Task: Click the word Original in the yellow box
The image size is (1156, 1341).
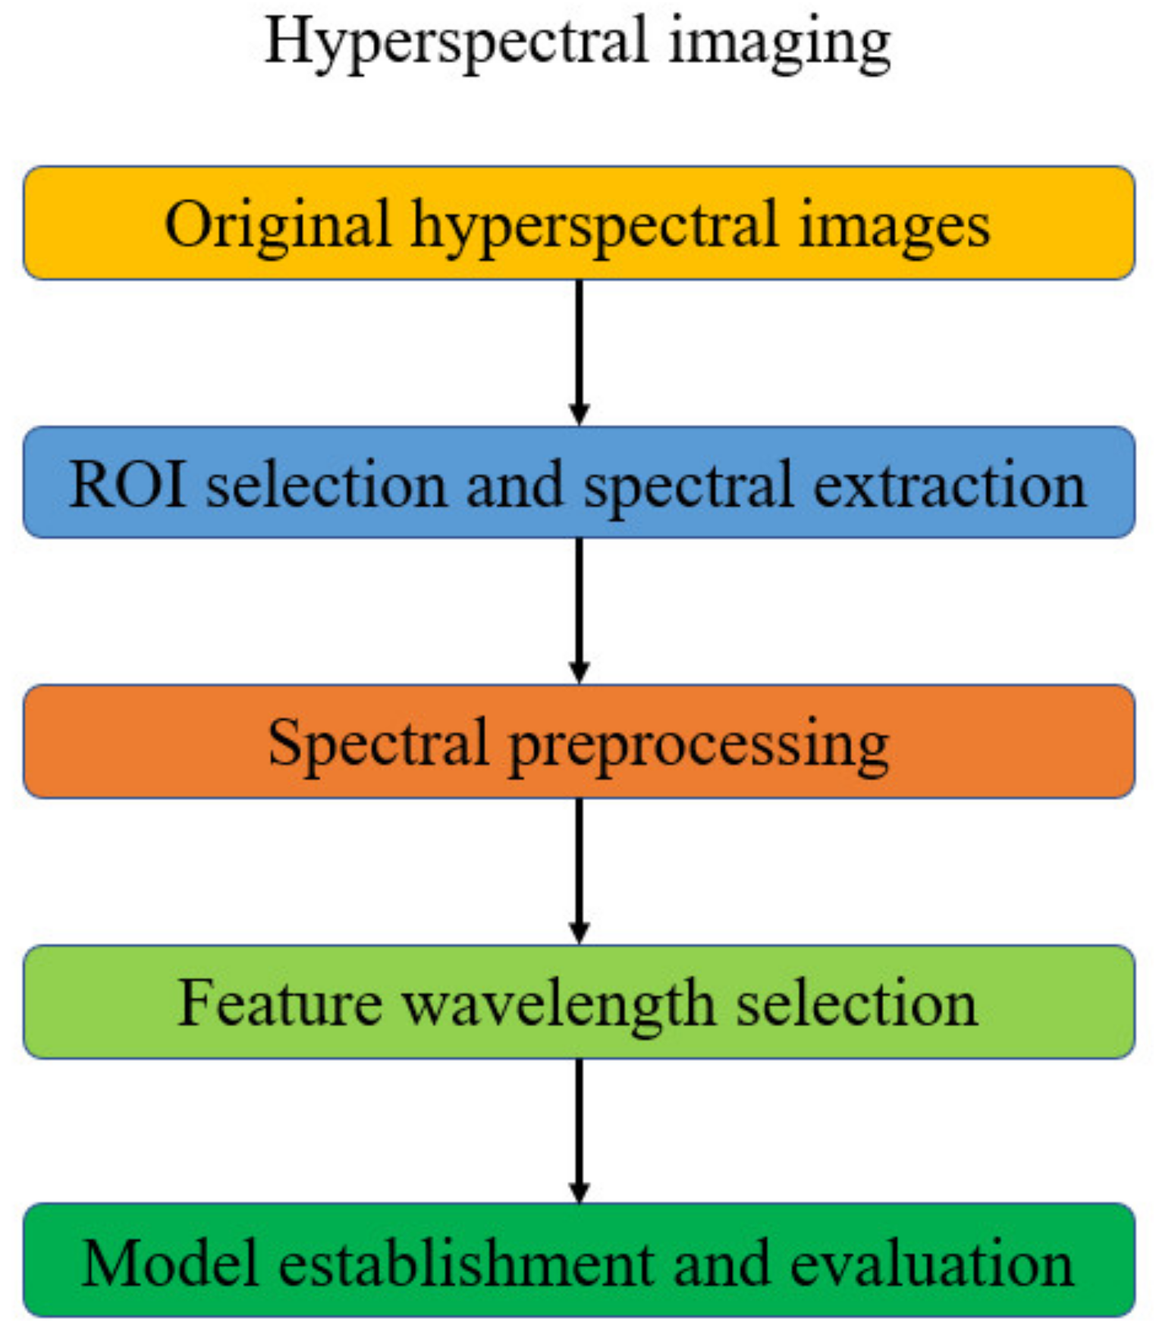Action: coord(278,225)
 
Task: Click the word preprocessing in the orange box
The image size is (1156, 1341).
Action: coord(699,745)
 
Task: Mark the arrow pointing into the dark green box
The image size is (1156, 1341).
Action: coord(580,1130)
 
